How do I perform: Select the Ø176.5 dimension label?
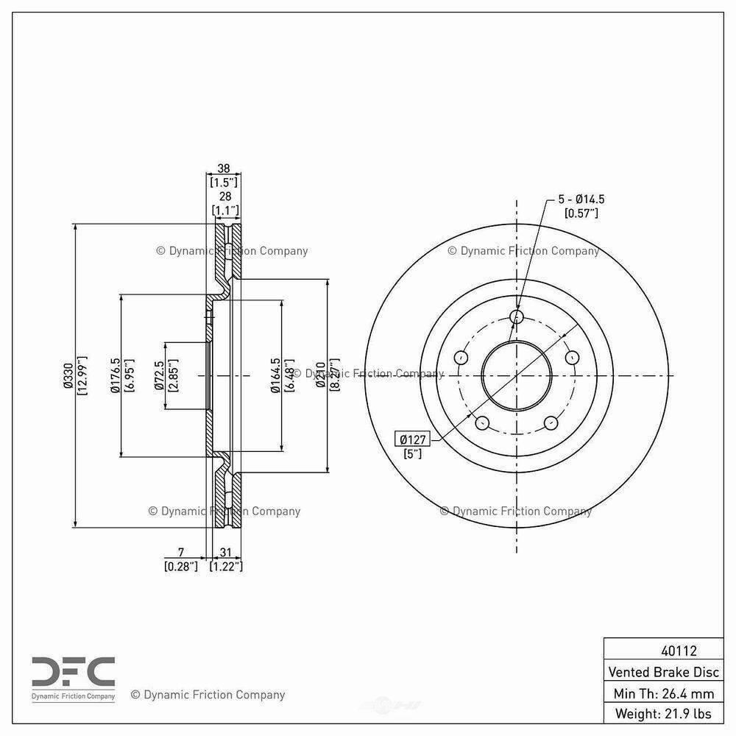(x=116, y=375)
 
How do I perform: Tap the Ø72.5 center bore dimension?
(x=159, y=375)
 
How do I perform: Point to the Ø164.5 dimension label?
(x=275, y=375)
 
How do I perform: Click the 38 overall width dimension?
(x=224, y=167)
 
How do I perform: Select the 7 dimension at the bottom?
(x=180, y=552)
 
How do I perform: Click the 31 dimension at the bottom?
(x=225, y=552)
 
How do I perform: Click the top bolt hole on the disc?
(x=517, y=317)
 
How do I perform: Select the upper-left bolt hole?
(x=461, y=358)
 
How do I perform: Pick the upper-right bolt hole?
(x=572, y=358)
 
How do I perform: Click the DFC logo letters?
(x=73, y=670)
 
